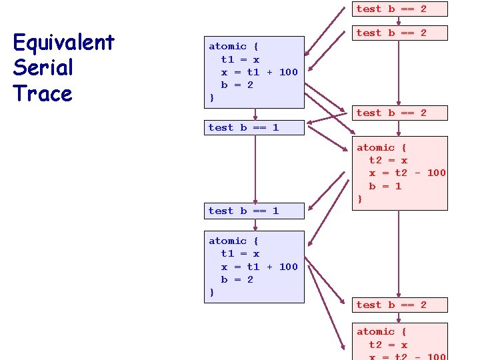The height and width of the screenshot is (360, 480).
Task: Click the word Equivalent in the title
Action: click(x=63, y=43)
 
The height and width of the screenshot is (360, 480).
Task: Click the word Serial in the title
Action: click(x=43, y=68)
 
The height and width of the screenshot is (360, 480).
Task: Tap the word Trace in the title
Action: click(x=43, y=93)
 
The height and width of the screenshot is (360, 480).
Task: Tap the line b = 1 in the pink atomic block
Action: click(x=385, y=186)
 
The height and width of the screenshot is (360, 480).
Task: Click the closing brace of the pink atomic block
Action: click(x=360, y=199)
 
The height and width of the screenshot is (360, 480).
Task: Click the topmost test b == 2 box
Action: click(x=399, y=9)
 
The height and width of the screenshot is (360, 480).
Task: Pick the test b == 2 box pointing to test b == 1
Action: click(x=399, y=113)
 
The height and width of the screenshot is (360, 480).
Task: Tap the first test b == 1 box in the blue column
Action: click(x=255, y=127)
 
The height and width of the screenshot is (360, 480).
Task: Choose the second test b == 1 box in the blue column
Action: click(x=255, y=211)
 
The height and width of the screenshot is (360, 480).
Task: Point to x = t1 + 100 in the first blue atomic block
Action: click(x=259, y=72)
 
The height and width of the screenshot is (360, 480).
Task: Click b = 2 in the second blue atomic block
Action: click(x=237, y=279)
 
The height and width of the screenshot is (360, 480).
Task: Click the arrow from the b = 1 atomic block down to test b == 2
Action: click(x=399, y=253)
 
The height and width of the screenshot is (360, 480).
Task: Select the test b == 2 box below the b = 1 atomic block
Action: click(x=399, y=305)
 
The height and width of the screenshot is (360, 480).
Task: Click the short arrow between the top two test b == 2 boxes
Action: click(x=399, y=21)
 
